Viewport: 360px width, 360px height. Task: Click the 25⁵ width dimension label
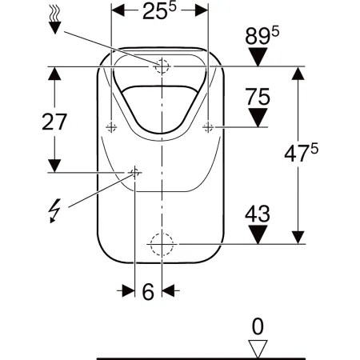(159, 10)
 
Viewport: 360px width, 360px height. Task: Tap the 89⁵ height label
(262, 36)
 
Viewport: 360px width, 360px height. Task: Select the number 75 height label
(258, 97)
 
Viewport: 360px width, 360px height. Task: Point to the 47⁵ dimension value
(301, 153)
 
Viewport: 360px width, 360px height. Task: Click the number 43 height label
(258, 214)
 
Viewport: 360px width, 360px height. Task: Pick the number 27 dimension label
(54, 122)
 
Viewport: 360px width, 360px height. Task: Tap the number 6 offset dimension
(148, 291)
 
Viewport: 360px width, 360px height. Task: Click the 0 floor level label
(258, 326)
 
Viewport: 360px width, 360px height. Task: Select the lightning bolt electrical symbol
(54, 210)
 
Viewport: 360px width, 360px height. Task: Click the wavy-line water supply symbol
(55, 21)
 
